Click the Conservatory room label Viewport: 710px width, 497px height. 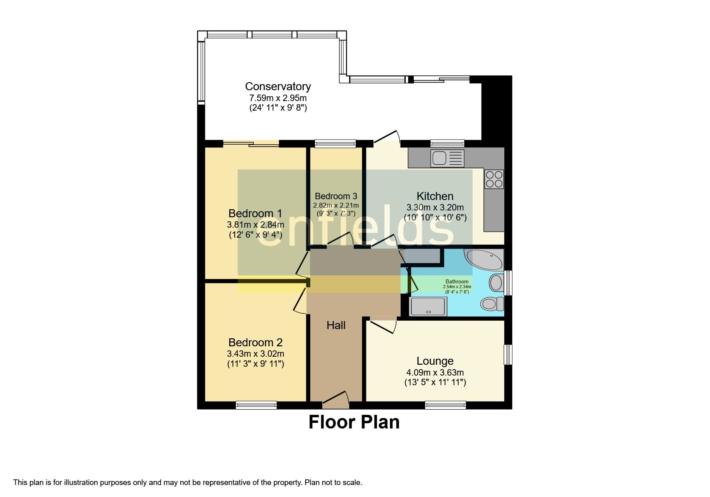pyautogui.click(x=278, y=87)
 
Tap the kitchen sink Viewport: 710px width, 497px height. pyautogui.click(x=447, y=158)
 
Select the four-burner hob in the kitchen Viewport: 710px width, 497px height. pyautogui.click(x=494, y=179)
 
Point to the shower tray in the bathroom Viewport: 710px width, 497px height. pyautogui.click(x=428, y=307)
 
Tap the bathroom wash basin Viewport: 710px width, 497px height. pyautogui.click(x=496, y=283)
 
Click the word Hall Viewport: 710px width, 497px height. pyautogui.click(x=336, y=325)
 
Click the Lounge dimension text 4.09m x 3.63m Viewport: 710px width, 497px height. pyautogui.click(x=435, y=372)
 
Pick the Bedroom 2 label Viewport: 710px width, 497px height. pyautogui.click(x=255, y=343)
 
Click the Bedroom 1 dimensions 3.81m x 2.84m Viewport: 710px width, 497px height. pyautogui.click(x=255, y=225)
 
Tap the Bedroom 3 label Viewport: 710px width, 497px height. pyautogui.click(x=336, y=196)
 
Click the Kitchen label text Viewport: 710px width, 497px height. pyautogui.click(x=435, y=196)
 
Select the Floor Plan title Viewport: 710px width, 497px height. pyautogui.click(x=354, y=422)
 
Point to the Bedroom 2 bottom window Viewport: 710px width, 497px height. pyautogui.click(x=256, y=405)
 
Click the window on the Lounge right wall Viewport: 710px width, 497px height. pyautogui.click(x=508, y=355)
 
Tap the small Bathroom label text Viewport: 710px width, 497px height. pyautogui.click(x=457, y=282)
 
